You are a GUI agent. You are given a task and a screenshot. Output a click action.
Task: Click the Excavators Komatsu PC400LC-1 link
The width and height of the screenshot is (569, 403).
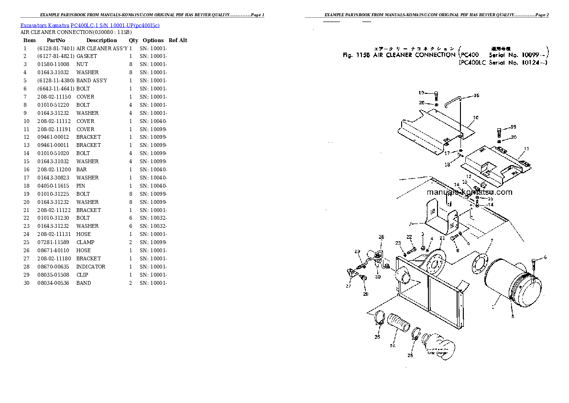coord(90,24)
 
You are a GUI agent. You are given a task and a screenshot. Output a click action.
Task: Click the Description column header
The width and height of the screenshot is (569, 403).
coord(101,40)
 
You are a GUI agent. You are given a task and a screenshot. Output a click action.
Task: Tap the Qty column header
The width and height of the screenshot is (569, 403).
coord(133,40)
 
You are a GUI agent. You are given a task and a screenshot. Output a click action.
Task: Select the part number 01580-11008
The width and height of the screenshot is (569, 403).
coord(53,64)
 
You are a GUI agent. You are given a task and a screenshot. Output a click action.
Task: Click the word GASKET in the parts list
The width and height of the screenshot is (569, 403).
coord(87,56)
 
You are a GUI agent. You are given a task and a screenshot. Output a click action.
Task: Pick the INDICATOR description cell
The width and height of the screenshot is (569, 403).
coord(91,267)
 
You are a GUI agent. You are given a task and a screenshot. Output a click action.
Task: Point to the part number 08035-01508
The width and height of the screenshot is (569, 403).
coord(53,275)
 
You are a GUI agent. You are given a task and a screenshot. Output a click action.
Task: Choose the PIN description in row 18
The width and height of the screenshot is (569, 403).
coord(81,186)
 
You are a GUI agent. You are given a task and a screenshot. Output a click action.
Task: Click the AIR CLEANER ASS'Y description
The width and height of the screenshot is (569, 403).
coord(102,48)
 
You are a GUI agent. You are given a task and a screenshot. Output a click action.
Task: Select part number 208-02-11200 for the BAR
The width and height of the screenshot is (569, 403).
coord(54,169)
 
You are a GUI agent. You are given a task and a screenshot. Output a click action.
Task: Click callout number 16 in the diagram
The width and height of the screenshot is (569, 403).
coord(476,96)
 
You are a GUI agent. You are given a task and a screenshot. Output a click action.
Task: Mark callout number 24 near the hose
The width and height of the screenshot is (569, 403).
coord(393,345)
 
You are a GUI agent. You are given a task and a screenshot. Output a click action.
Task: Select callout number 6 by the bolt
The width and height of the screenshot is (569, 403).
coord(545,258)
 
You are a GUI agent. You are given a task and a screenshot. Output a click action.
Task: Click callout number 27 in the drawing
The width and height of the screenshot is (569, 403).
coord(348,286)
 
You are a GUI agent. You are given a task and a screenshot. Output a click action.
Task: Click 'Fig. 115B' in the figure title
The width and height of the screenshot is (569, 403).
coord(354,55)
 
